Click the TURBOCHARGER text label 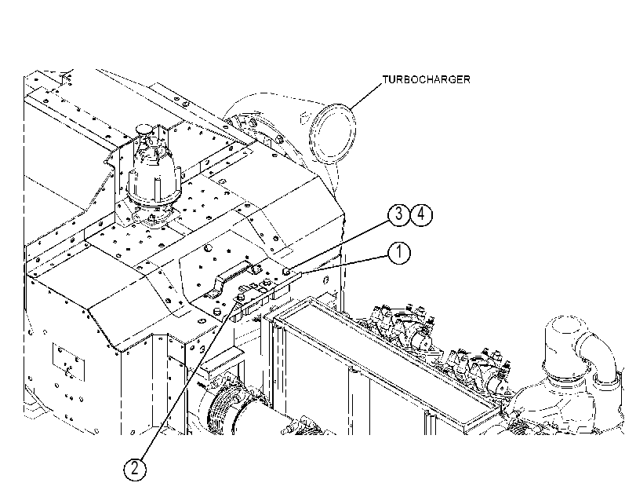pyautogui.click(x=427, y=79)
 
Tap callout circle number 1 pyautogui.click(x=399, y=252)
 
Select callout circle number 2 pyautogui.click(x=134, y=469)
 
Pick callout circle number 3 pyautogui.click(x=399, y=214)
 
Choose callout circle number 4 pyautogui.click(x=421, y=214)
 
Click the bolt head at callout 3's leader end pyautogui.click(x=285, y=271)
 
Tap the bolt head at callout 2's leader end pyautogui.click(x=240, y=298)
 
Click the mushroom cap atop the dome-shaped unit pyautogui.click(x=144, y=130)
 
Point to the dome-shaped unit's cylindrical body pyautogui.click(x=152, y=179)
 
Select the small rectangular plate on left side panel pyautogui.click(x=68, y=362)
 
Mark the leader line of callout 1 pyautogui.click(x=346, y=264)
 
